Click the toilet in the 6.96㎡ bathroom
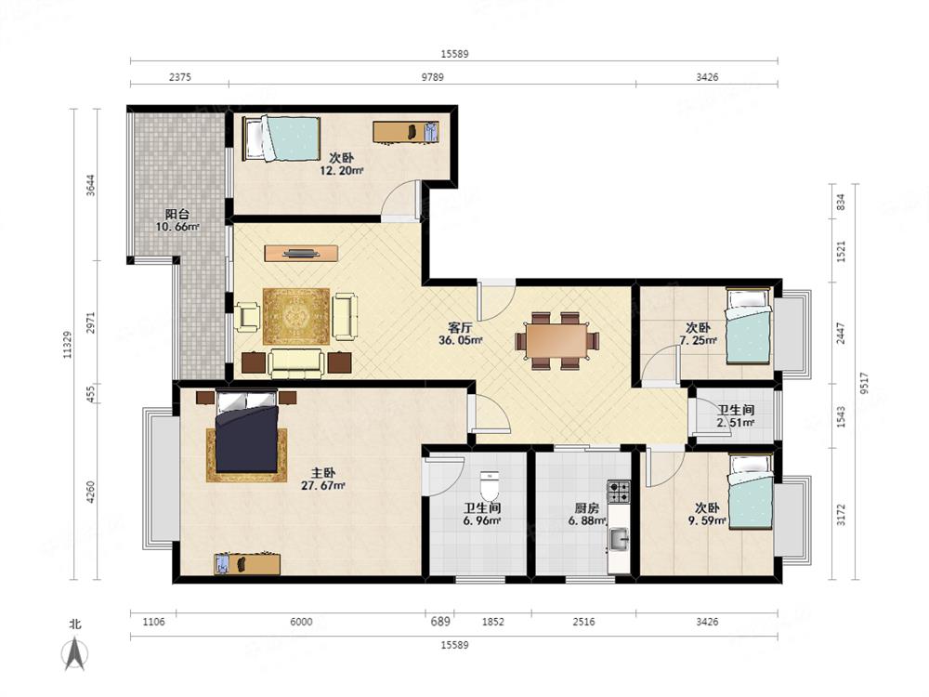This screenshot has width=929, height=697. coord(490,486)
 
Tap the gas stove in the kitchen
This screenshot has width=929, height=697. coord(619,492)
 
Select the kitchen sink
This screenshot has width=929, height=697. coord(619,539)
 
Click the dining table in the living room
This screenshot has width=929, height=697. coord(556,341)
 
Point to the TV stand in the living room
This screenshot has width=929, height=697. coord(301,253)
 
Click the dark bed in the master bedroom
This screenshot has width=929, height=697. coord(246,432)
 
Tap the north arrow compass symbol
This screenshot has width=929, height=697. coord(74,653)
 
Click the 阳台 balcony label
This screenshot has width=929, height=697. coord(177,214)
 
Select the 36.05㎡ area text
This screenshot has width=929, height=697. coord(461,340)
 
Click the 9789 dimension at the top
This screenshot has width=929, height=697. coord(432,77)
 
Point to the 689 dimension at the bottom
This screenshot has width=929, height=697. coord(440,621)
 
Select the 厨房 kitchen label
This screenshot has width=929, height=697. coord(586,508)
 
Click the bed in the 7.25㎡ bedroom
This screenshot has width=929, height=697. coord(749,326)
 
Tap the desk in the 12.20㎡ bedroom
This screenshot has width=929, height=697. coord(406,131)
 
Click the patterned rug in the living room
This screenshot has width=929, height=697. coord(296,316)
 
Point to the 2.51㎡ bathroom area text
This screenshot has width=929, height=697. coord(735,423)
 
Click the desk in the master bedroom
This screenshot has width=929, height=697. coord(247,564)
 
